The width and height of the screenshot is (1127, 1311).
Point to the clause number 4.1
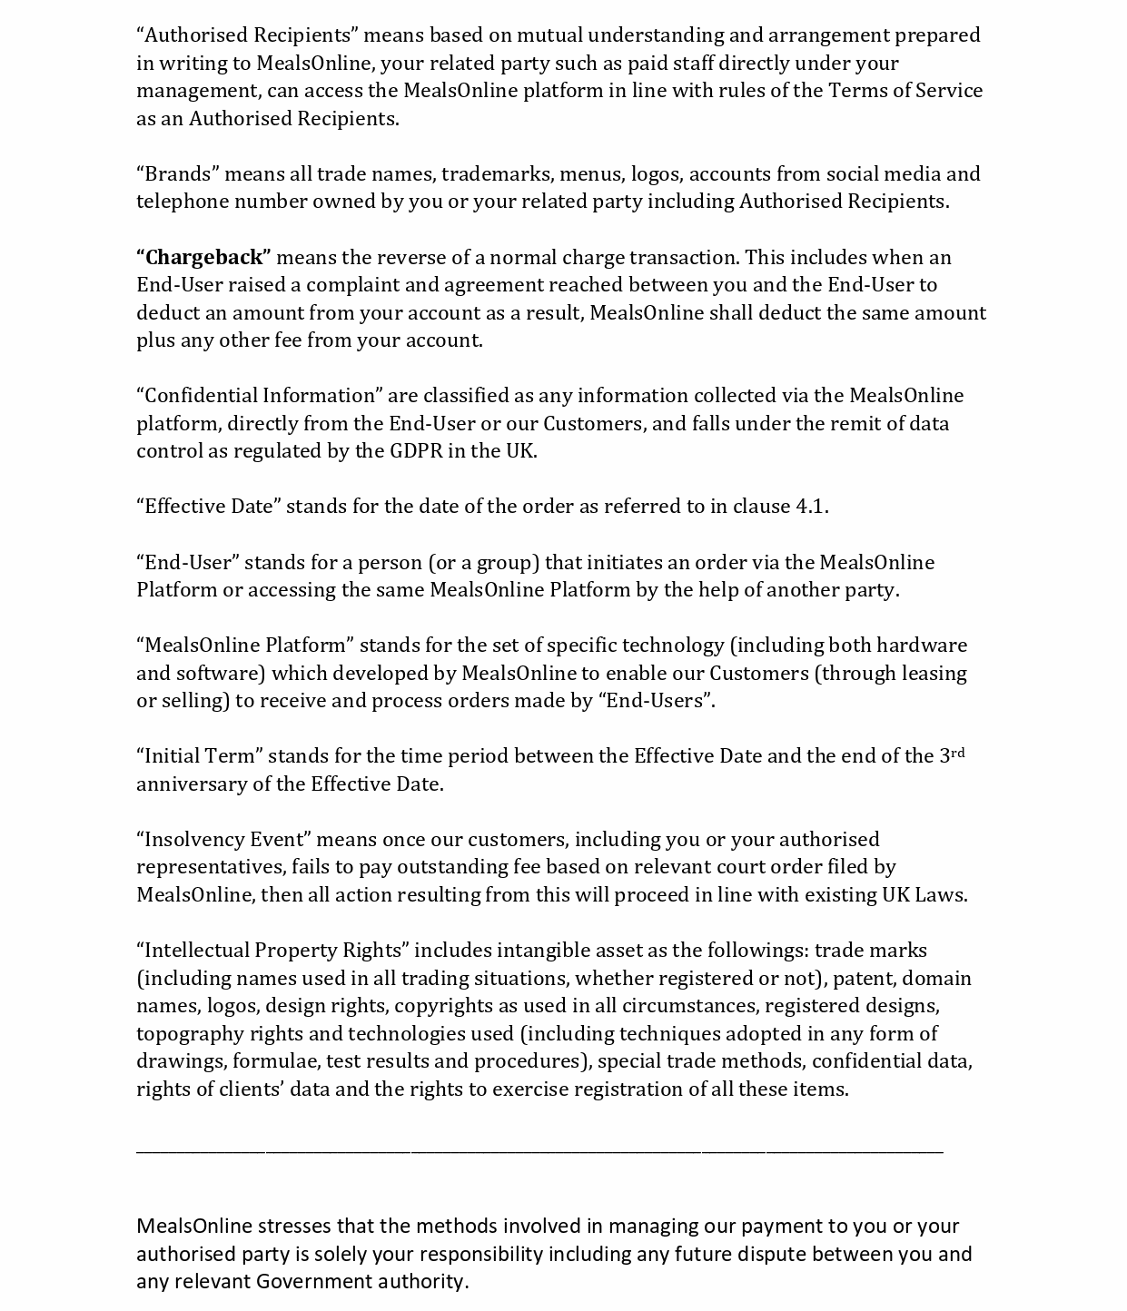(x=811, y=507)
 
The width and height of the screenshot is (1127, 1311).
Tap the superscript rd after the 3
(x=958, y=752)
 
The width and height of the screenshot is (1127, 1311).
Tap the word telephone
(x=182, y=202)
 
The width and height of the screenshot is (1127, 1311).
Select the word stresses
(x=295, y=1227)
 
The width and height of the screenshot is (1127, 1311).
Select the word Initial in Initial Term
(x=171, y=756)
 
